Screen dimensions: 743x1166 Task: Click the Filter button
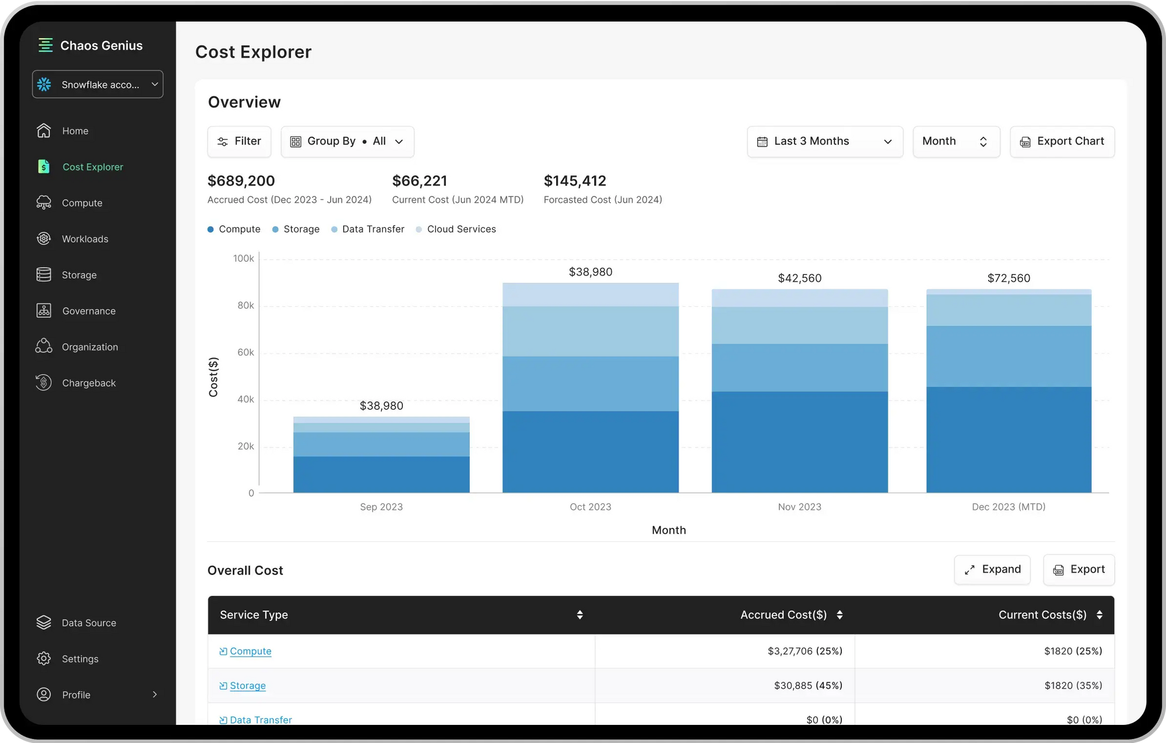click(x=239, y=141)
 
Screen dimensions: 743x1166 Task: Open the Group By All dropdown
click(x=347, y=141)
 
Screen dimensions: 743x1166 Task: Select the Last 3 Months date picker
click(x=824, y=141)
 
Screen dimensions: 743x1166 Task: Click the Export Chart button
click(x=1062, y=141)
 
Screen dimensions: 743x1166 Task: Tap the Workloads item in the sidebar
click(x=85, y=239)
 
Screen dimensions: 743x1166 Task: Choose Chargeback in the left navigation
click(x=89, y=383)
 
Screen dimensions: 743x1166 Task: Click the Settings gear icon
click(x=44, y=658)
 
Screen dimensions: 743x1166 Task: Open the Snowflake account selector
click(x=97, y=85)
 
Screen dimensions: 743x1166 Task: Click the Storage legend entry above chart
click(x=296, y=229)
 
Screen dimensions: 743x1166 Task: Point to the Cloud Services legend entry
click(x=456, y=229)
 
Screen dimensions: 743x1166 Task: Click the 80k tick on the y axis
click(x=245, y=306)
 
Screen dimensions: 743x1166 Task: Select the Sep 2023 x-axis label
click(x=381, y=507)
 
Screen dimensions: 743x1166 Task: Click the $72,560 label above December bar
click(x=1009, y=278)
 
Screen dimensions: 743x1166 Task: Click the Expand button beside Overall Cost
click(x=992, y=569)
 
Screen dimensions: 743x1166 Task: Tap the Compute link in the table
click(x=250, y=651)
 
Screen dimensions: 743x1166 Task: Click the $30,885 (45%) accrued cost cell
click(x=807, y=685)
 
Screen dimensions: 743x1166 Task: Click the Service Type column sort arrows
click(x=580, y=615)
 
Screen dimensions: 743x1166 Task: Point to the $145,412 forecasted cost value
click(x=575, y=181)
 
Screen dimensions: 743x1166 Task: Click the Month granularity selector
click(x=956, y=141)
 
